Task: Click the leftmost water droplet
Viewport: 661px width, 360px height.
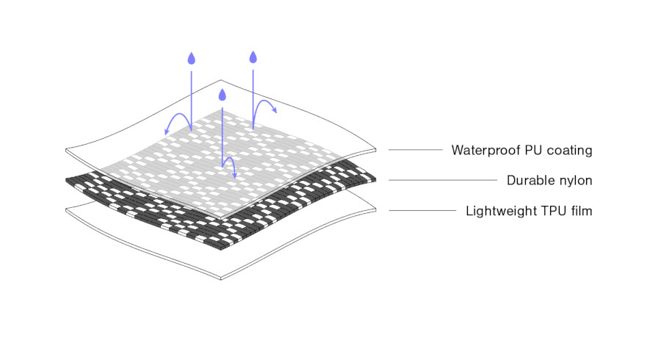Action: pos(192,59)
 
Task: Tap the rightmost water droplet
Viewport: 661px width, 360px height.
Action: pos(253,57)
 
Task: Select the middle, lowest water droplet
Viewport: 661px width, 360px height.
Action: pos(222,95)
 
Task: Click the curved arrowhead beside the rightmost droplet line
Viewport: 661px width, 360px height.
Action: pos(274,110)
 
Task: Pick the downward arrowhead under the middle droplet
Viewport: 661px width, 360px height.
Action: pos(234,175)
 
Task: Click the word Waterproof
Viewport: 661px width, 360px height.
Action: pos(485,150)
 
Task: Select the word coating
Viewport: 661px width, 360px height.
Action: pos(569,151)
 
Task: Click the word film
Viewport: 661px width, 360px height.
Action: pos(582,210)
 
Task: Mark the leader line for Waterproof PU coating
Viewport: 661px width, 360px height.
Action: pos(415,150)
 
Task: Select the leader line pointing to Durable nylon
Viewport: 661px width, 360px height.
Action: pos(443,180)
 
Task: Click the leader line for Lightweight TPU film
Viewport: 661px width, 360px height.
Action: pos(422,210)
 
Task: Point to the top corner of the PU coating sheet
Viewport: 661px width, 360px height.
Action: pos(220,80)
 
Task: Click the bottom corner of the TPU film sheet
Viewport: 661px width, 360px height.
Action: pos(221,279)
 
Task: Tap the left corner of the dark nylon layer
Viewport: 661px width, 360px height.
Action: pos(66,181)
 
